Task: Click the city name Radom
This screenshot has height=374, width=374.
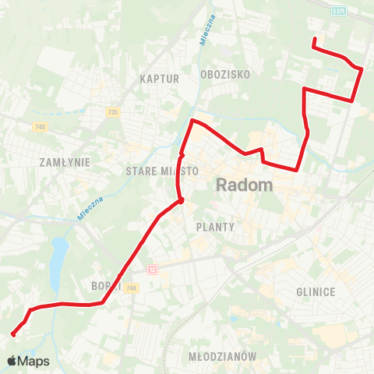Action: [x=244, y=185]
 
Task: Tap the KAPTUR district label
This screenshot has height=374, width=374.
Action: [x=161, y=79]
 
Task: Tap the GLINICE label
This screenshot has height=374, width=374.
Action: [x=316, y=291]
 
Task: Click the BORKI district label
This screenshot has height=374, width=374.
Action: [x=104, y=285]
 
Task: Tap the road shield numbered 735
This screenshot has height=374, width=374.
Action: [x=114, y=112]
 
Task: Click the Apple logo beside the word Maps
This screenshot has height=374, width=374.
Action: [x=12, y=361]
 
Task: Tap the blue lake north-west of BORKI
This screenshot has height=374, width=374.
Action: [x=57, y=261]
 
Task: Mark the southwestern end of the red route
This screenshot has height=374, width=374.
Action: [x=13, y=335]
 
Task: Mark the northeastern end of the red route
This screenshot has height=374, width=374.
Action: [x=313, y=39]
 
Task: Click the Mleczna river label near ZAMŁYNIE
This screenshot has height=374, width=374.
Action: [x=91, y=208]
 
